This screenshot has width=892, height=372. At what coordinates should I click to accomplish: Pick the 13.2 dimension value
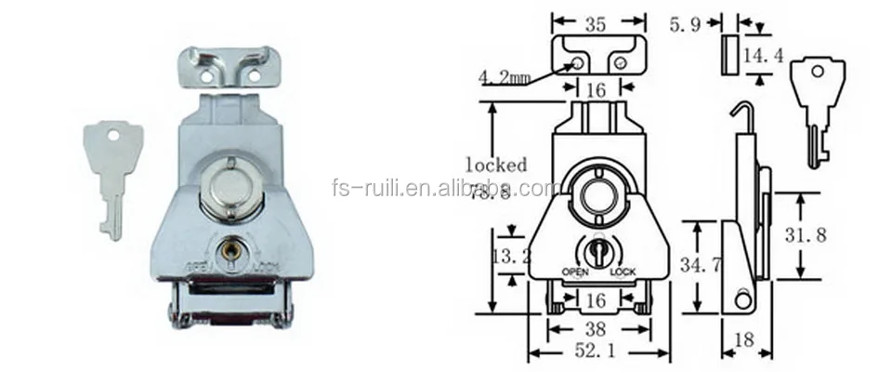pos(508,256)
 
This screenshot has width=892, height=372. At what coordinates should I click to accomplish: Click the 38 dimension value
pos(597,327)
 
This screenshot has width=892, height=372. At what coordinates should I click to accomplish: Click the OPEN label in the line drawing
pos(575,272)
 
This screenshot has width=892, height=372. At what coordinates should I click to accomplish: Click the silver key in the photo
pos(105,178)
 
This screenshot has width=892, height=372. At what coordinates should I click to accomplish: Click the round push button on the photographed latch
pos(228,183)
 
